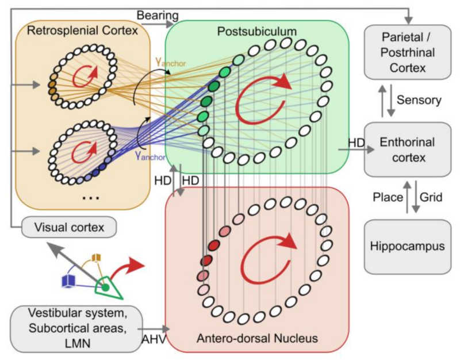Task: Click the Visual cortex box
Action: pos(68,228)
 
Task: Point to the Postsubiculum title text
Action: pos(258,30)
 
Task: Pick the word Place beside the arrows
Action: pos(386,197)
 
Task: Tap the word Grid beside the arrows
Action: pos(431,197)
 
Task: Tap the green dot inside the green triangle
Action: pos(106,286)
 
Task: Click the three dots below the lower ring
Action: pos(90,197)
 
